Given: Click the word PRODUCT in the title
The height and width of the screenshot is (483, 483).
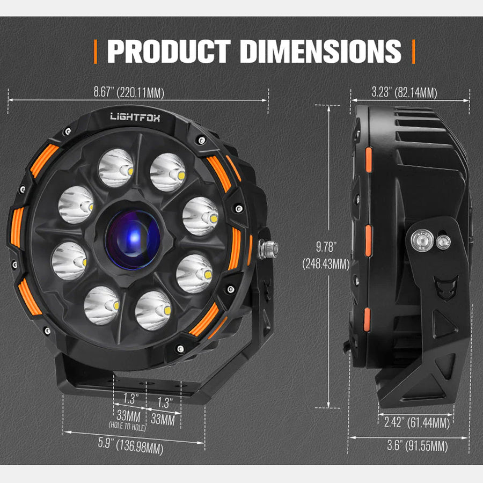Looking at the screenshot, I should tap(169, 51).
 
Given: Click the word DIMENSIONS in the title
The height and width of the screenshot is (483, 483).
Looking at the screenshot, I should tap(320, 51).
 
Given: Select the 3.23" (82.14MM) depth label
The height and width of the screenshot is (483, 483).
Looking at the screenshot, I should tap(404, 92).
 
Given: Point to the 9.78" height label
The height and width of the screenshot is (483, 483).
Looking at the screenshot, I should tap(327, 247).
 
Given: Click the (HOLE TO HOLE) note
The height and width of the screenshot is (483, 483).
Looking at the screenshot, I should tap(127, 427).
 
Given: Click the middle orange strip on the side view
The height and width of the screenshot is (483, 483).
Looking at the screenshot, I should tap(368, 240).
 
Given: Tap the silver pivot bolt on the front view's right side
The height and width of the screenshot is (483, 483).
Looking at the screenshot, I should tap(268, 248).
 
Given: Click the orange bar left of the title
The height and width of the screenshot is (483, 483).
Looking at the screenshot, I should tap(96, 51).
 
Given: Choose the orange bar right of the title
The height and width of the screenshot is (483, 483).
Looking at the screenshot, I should tap(413, 51).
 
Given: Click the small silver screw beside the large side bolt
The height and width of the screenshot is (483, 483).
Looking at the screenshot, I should tap(443, 241).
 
